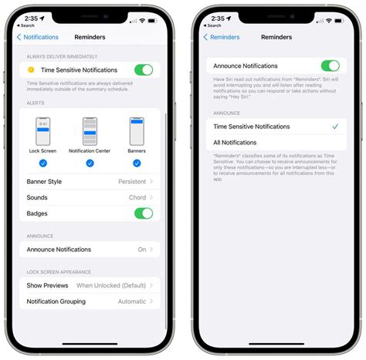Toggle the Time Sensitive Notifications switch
point(144,70)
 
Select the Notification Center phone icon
point(90,132)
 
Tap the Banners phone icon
point(137,132)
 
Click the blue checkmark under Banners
point(137,163)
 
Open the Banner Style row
point(90,182)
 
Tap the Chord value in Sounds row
point(137,198)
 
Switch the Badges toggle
point(144,213)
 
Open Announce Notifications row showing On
point(90,250)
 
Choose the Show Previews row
point(90,285)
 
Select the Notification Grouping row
point(90,301)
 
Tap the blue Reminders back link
point(222,37)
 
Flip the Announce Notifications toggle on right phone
point(330,66)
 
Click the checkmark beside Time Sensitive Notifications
point(334,127)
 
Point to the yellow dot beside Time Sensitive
point(30,70)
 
